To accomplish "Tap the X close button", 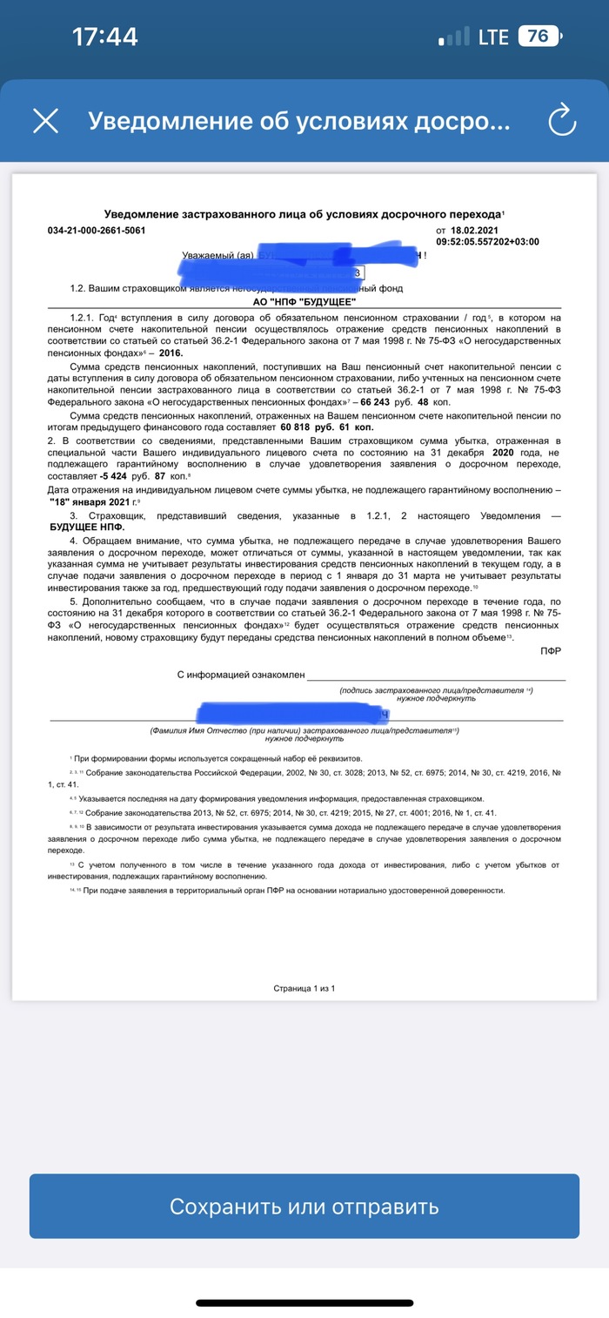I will click(x=45, y=121).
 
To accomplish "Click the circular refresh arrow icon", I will click(x=563, y=120).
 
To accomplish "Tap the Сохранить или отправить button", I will click(x=304, y=1207).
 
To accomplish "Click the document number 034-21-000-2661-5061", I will click(x=97, y=231).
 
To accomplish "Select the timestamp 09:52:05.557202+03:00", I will click(x=487, y=242).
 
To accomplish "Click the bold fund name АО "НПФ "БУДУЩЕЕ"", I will click(x=304, y=300).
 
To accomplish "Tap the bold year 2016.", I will click(x=171, y=354).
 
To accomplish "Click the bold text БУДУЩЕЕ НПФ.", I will click(x=87, y=528).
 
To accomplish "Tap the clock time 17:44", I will click(x=105, y=37).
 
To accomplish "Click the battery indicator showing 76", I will click(x=539, y=37).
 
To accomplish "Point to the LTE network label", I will click(x=493, y=37).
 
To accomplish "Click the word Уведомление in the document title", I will click(x=142, y=213).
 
